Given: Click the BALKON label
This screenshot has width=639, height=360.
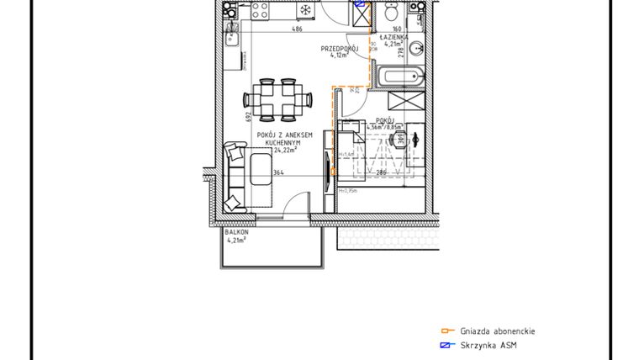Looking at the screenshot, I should coord(237,231).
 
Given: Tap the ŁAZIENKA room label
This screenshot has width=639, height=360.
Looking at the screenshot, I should coord(393,38).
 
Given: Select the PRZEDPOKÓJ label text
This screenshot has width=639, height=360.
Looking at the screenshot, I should coord(340,49).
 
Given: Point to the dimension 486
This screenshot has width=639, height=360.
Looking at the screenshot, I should coord(297,29).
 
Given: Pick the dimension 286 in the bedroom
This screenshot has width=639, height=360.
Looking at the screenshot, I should coord(381,173).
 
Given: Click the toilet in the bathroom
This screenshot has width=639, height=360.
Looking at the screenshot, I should coord(390,14).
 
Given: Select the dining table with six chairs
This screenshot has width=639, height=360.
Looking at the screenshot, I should coord(278,99).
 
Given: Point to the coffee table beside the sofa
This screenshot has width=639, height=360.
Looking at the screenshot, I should coord(259,172).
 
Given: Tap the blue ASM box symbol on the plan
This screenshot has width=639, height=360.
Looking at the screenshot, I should coord(361,4).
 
